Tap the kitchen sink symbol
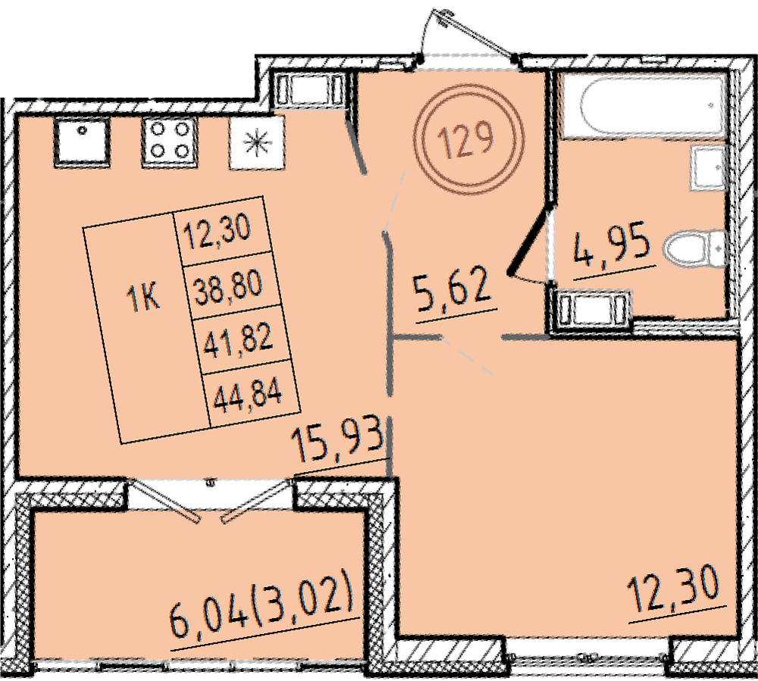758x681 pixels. tap(82, 142)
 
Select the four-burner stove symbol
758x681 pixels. tap(169, 142)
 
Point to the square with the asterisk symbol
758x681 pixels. tap(257, 142)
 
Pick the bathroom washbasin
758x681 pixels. tap(709, 170)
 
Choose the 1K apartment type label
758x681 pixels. tap(143, 297)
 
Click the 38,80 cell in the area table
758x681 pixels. tap(228, 287)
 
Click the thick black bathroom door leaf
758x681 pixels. tap(531, 239)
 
